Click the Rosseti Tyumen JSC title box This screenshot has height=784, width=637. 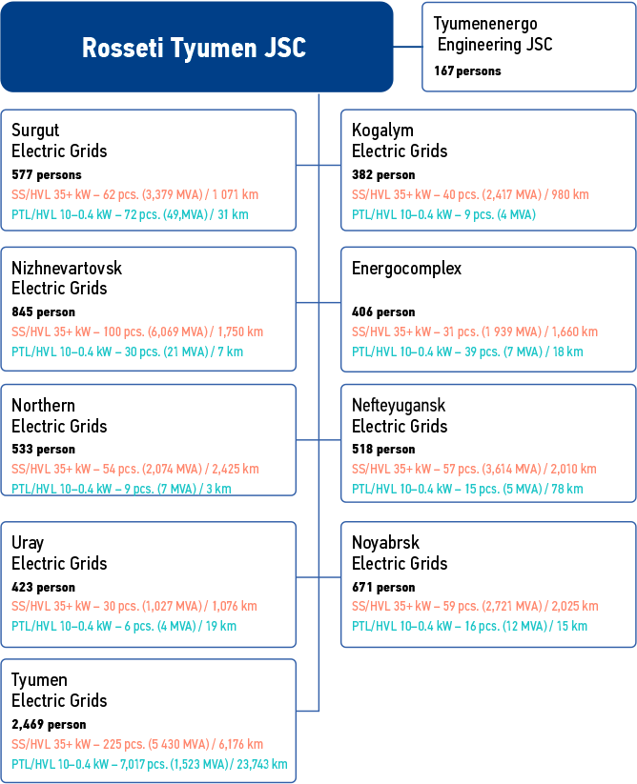point(195,48)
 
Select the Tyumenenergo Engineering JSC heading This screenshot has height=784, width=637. point(492,34)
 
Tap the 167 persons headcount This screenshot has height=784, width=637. point(467,70)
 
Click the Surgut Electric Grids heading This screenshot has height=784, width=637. point(59,140)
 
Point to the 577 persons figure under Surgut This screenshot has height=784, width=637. point(47,175)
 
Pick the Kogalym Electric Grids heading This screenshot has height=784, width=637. point(400,140)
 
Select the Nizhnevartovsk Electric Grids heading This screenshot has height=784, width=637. point(67,277)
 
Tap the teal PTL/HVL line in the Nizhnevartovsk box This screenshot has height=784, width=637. point(127,352)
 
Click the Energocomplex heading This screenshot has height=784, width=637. point(406,269)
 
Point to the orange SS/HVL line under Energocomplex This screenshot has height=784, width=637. point(474,332)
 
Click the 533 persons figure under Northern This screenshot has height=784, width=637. point(43,450)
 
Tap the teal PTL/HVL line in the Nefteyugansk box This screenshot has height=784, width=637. point(467,489)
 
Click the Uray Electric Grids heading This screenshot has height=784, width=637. point(59,553)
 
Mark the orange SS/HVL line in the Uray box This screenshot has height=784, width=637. point(134,606)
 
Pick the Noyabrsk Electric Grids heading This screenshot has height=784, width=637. point(400,553)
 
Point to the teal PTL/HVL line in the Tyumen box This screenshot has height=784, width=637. point(149,764)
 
